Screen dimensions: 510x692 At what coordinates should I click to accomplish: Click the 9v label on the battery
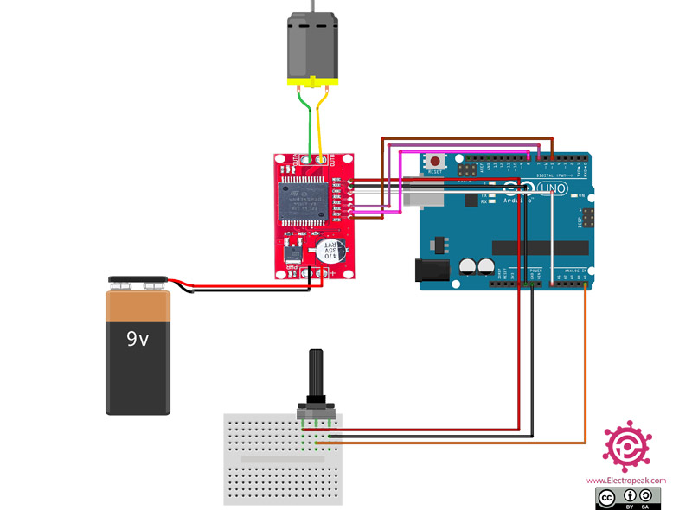138,339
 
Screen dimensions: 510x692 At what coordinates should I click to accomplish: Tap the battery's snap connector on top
137,281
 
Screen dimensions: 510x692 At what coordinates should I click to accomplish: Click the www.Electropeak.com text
626,481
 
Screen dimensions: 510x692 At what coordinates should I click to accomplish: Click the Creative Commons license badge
628,497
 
